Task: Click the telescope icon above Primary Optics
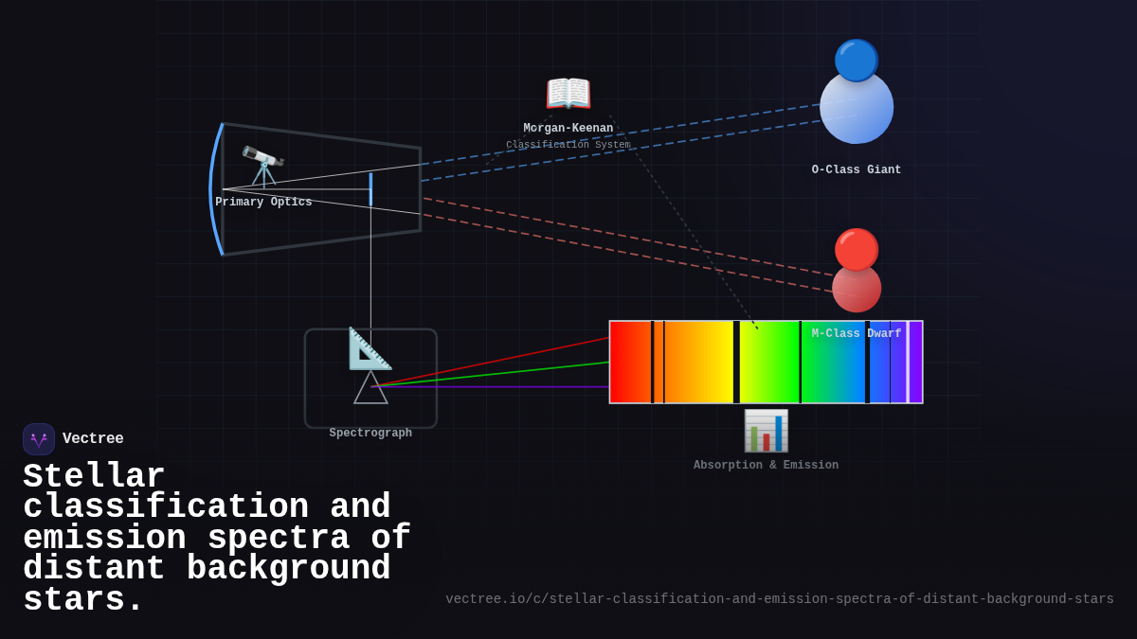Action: tap(262, 167)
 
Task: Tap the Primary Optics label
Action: tap(263, 203)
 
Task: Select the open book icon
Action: tap(568, 94)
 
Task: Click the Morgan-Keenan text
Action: tap(568, 129)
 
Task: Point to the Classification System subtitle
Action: tap(568, 145)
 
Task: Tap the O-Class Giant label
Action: tap(857, 170)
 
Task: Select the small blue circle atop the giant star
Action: tap(857, 60)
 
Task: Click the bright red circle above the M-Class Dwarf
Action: tap(857, 249)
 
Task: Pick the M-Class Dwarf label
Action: tap(857, 334)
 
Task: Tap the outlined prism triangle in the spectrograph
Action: tap(370, 389)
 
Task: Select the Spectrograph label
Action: tap(370, 434)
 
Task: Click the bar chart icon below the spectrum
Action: tap(766, 431)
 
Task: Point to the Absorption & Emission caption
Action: tap(766, 466)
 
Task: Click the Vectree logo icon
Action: tap(39, 439)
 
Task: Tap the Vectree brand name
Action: tap(93, 439)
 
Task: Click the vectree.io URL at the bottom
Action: tap(780, 599)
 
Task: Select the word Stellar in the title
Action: tap(94, 476)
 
